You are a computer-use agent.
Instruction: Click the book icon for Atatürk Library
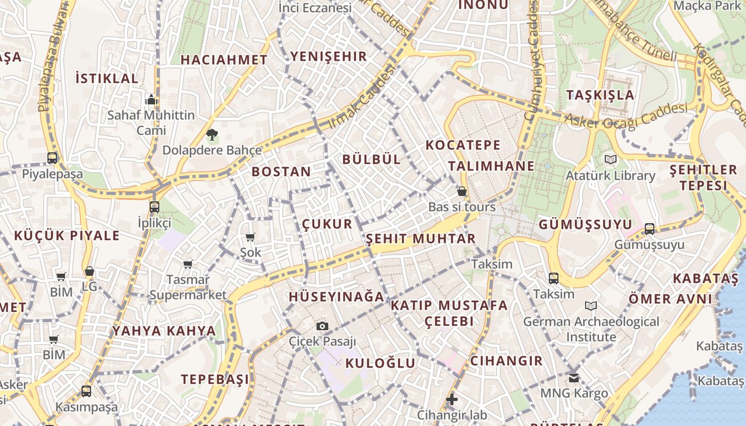(x=611, y=159)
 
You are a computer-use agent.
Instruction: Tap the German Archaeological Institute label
(x=591, y=329)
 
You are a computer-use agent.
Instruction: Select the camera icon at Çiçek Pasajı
(x=322, y=326)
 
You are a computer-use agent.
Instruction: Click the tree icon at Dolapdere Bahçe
(x=212, y=134)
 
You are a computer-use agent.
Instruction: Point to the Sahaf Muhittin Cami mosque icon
(x=151, y=100)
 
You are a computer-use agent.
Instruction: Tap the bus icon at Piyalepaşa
(x=52, y=158)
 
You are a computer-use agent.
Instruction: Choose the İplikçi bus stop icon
(x=154, y=207)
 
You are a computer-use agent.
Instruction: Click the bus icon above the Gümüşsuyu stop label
(x=649, y=229)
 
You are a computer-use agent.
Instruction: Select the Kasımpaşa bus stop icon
(x=86, y=391)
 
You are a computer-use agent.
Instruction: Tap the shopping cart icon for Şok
(x=250, y=237)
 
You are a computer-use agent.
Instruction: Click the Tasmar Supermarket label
(x=188, y=287)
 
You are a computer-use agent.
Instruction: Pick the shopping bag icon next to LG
(x=89, y=271)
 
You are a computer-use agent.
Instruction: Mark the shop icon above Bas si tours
(x=461, y=191)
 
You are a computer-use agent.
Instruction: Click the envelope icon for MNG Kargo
(x=573, y=378)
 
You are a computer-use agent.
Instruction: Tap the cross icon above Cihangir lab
(x=452, y=399)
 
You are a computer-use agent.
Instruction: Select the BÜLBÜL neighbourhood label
(x=371, y=159)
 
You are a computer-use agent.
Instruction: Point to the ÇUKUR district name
(x=327, y=224)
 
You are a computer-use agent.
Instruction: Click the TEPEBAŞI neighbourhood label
(x=215, y=379)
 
